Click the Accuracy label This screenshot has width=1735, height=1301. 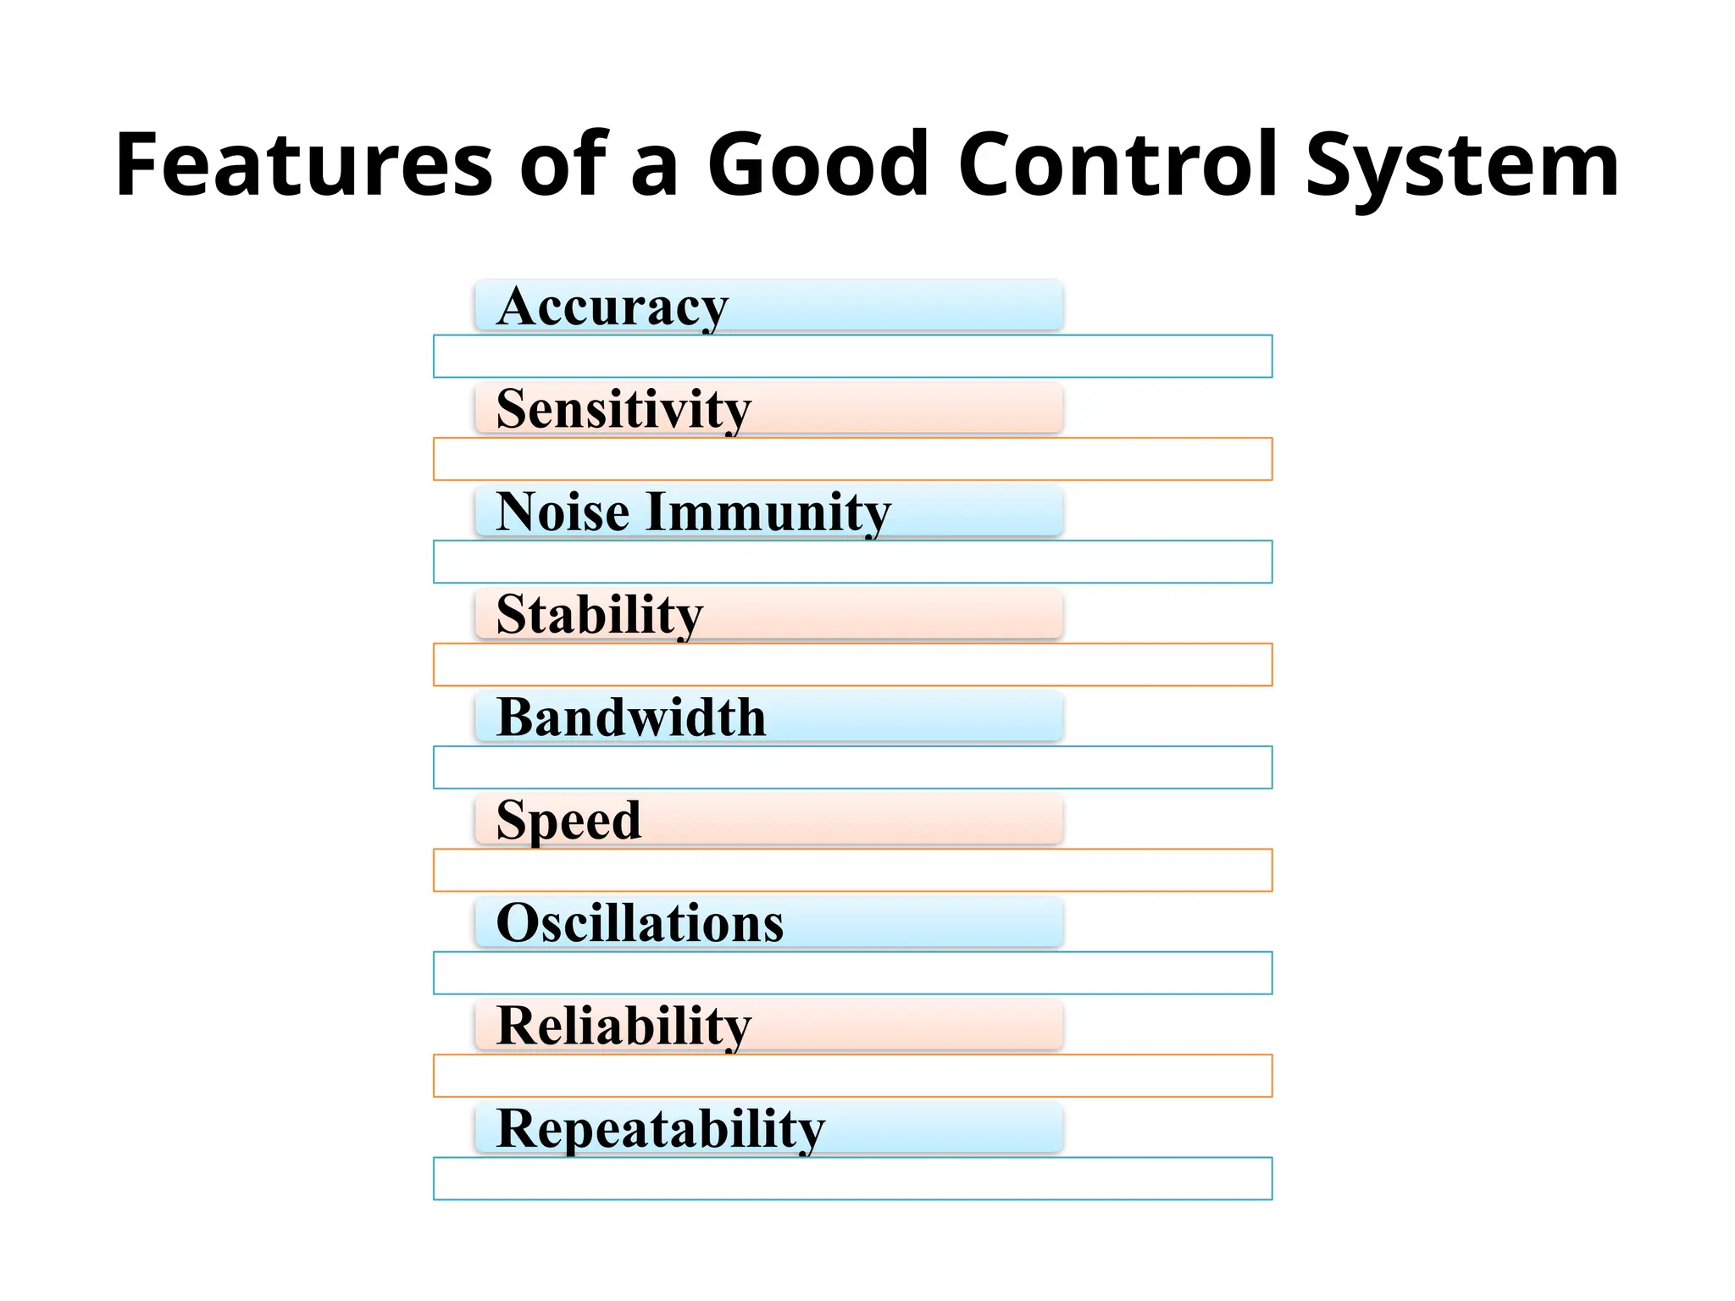tap(612, 307)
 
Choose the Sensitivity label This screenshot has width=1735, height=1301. tap(624, 410)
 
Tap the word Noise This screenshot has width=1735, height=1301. tap(563, 512)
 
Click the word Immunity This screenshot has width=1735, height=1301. tap(768, 512)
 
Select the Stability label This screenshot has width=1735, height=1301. tap(600, 615)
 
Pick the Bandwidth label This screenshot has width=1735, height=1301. tap(631, 718)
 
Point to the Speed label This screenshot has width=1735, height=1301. tap(568, 821)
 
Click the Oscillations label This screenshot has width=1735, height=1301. tap(640, 923)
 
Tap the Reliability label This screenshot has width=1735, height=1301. tap(624, 1027)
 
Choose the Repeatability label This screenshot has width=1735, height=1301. tap(660, 1129)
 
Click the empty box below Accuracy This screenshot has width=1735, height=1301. tap(852, 357)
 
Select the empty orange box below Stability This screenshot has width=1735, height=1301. tap(852, 665)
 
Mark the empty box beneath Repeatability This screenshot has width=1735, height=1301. tap(852, 1179)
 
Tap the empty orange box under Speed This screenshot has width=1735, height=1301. tap(852, 871)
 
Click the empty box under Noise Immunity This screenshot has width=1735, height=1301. tap(852, 562)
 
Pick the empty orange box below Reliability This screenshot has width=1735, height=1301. tap(852, 1076)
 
